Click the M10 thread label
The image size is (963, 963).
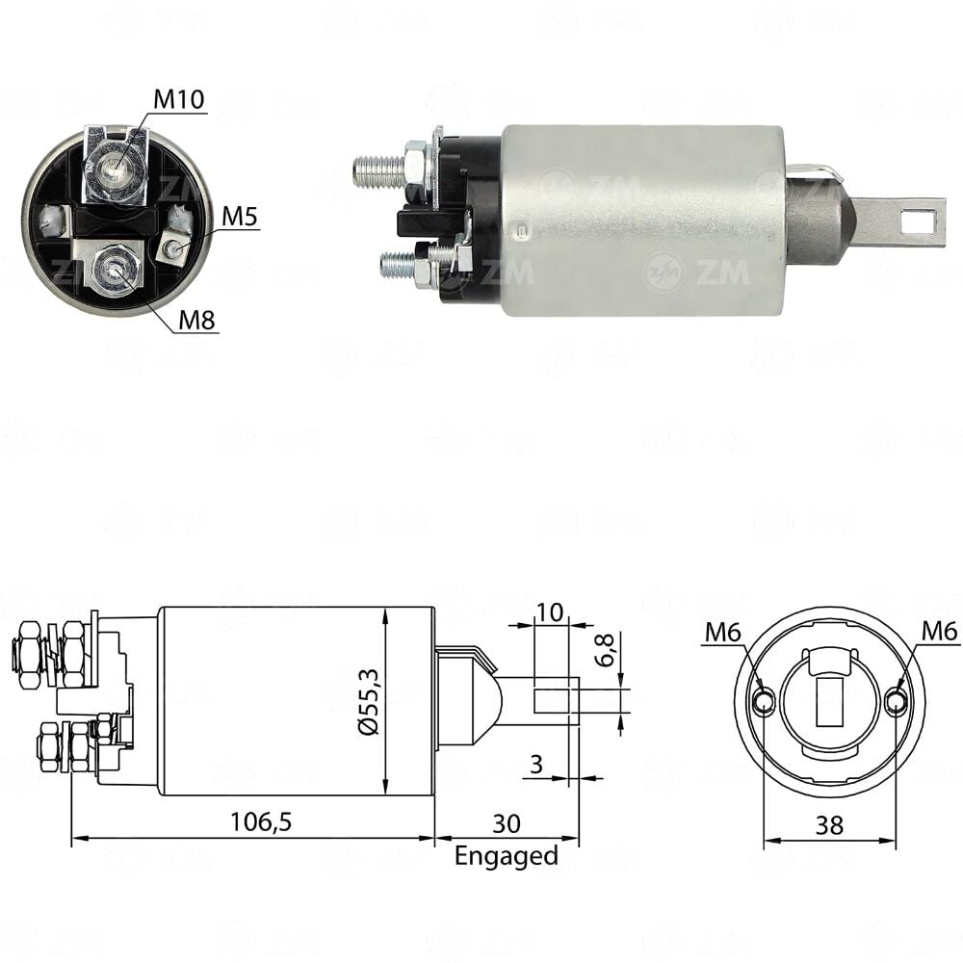pyautogui.click(x=178, y=99)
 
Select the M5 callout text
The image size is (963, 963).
pyautogui.click(x=240, y=216)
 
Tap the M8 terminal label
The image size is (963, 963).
pyautogui.click(x=196, y=320)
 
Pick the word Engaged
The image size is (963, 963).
pyautogui.click(x=507, y=856)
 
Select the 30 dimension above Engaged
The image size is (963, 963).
pyautogui.click(x=507, y=823)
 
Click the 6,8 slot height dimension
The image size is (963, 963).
pyautogui.click(x=606, y=650)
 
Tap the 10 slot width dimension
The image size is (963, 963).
pyautogui.click(x=550, y=612)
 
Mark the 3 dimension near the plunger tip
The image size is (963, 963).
pyautogui.click(x=536, y=764)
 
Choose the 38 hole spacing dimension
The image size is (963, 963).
pyautogui.click(x=829, y=825)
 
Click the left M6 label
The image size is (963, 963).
pyautogui.click(x=723, y=632)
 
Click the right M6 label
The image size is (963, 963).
pyautogui.click(x=940, y=631)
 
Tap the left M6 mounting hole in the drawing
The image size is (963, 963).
pyautogui.click(x=764, y=701)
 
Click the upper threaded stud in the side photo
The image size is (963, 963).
pyautogui.click(x=378, y=169)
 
